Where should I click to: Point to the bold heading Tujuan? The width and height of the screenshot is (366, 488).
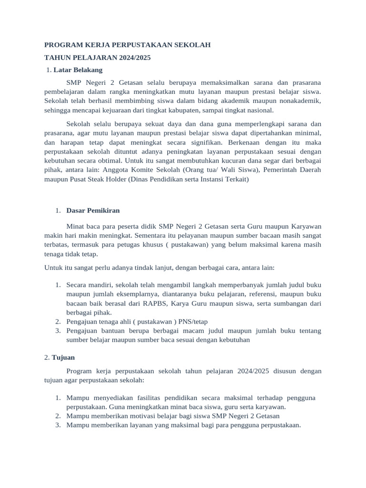tap(63, 357)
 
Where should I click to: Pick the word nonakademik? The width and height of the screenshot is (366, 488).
tap(300, 101)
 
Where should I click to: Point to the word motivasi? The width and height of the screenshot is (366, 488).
tap(152, 416)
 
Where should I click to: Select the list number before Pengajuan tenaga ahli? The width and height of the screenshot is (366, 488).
tap(57, 322)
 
